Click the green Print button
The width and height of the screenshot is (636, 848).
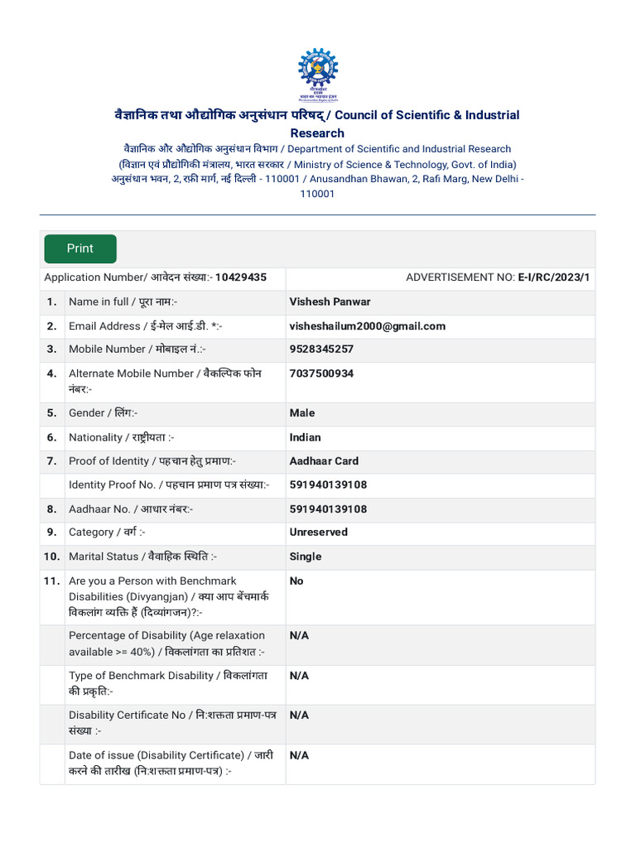tap(80, 248)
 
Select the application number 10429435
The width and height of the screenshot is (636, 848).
tap(241, 277)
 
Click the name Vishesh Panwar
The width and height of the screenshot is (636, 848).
tap(330, 301)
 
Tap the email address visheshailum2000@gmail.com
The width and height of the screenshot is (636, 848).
tap(367, 326)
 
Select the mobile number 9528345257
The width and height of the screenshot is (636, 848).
tap(321, 349)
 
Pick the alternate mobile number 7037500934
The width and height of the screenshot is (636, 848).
tap(321, 373)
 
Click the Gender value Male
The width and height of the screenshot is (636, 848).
tap(302, 413)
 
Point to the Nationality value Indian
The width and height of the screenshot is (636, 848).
tap(305, 437)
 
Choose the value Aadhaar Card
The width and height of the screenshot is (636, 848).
tap(324, 461)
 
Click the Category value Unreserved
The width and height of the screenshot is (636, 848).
tap(318, 532)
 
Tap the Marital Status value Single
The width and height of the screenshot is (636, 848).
tap(306, 556)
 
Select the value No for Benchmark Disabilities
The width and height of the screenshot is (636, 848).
tap(296, 581)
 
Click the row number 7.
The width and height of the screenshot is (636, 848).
tap(51, 461)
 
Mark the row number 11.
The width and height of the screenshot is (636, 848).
tap(51, 581)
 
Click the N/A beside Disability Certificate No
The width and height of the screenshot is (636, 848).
tap(299, 715)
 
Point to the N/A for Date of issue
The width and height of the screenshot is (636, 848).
tap(299, 755)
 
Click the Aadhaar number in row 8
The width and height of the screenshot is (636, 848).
tap(328, 509)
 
